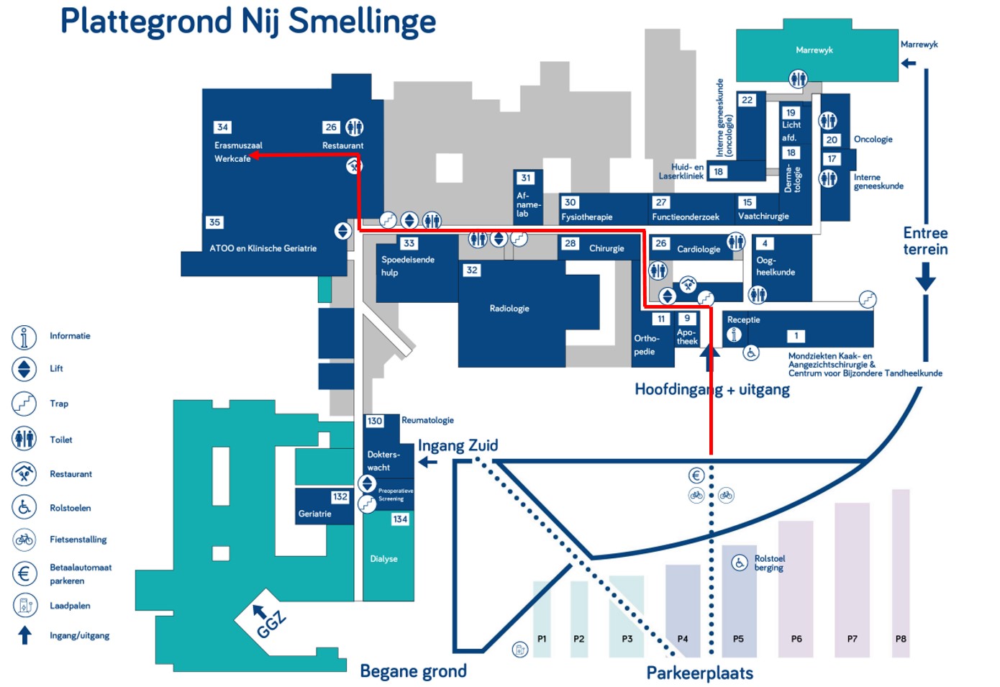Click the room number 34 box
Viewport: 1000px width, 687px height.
click(x=222, y=127)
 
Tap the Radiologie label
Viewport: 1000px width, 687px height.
click(x=509, y=309)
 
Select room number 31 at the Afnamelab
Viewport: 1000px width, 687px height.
click(x=526, y=178)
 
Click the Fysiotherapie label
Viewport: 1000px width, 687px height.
click(x=587, y=217)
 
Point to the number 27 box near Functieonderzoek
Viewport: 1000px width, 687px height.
click(x=661, y=202)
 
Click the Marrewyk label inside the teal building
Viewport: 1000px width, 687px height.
click(x=814, y=50)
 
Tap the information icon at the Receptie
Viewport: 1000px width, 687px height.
click(x=734, y=335)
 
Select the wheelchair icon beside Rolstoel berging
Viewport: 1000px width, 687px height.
click(x=740, y=563)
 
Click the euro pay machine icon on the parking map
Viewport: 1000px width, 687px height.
click(x=696, y=476)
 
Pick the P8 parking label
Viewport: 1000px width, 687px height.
click(x=901, y=639)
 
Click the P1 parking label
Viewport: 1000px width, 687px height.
click(x=542, y=639)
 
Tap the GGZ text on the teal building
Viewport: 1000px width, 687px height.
click(x=271, y=624)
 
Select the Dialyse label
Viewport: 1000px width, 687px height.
click(x=383, y=559)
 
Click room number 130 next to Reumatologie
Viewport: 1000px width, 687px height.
click(x=374, y=421)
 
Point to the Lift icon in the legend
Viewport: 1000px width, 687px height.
click(x=24, y=369)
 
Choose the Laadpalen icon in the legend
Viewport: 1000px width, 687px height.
click(x=24, y=605)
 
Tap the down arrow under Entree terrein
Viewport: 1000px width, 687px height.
click(x=925, y=277)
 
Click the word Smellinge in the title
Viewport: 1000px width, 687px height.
click(x=362, y=21)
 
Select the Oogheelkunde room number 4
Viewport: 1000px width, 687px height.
click(x=765, y=244)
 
